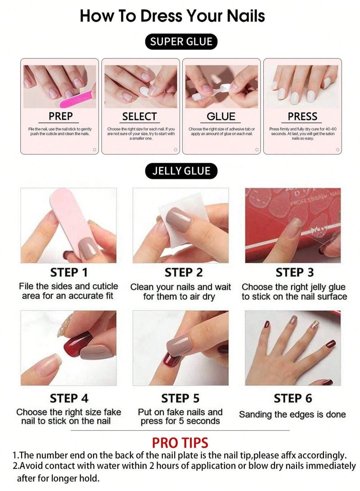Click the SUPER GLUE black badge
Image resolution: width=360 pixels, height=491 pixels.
[x=181, y=42]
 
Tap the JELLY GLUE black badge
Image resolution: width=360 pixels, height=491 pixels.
[x=181, y=171]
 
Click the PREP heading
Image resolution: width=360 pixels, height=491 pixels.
[x=61, y=117]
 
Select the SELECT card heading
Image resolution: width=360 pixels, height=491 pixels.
[x=139, y=117]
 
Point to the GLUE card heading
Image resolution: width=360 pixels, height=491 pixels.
[x=221, y=117]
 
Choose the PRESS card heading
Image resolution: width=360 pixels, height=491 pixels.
[x=302, y=117]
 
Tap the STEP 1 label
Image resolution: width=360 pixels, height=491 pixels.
[x=69, y=272]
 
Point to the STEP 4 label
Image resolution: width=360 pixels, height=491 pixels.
[x=69, y=398]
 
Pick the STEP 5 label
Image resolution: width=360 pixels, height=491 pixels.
[x=180, y=398]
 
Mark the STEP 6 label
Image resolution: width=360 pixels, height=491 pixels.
[x=293, y=398]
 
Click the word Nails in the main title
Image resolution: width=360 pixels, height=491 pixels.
[x=239, y=16]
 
